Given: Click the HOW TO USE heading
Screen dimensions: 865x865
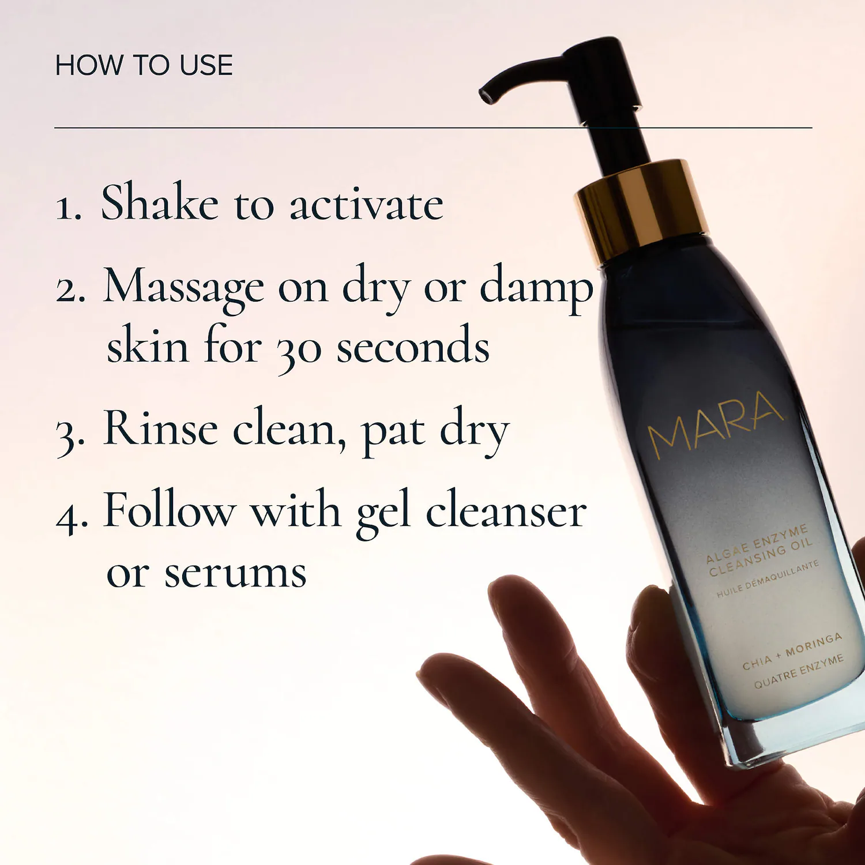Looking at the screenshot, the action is [144, 65].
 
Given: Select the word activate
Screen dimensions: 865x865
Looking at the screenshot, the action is [366, 204].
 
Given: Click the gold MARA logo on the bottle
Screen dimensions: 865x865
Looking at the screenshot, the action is [715, 422].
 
